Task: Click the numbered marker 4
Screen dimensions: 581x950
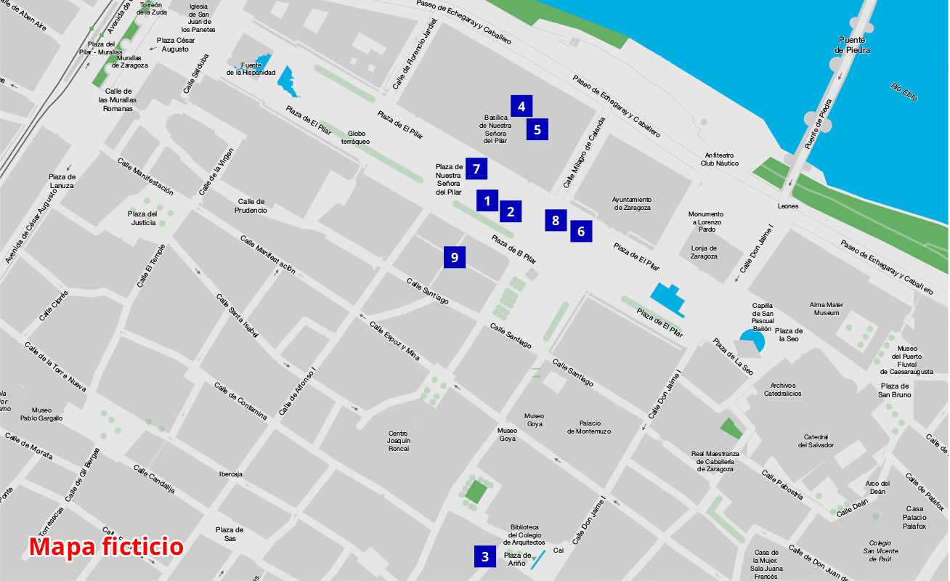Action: (x=521, y=107)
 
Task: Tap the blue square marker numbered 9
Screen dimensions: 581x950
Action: (x=455, y=257)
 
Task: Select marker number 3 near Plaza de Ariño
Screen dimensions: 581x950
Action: (x=485, y=557)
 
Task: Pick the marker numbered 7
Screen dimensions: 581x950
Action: (x=476, y=169)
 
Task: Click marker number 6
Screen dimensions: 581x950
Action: (x=580, y=231)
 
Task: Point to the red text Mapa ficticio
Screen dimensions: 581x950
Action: (x=106, y=546)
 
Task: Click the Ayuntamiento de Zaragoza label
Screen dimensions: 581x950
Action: (x=631, y=203)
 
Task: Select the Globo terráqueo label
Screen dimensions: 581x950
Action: (x=356, y=138)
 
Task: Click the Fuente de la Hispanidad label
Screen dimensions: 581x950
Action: (x=251, y=69)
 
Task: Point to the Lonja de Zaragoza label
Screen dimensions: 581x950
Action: (x=704, y=252)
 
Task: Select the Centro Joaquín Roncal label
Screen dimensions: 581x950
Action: (x=399, y=441)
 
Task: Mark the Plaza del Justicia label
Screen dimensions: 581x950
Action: (x=143, y=218)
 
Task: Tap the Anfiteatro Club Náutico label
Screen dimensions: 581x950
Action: (x=719, y=159)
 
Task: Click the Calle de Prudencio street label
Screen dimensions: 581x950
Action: (x=251, y=206)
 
